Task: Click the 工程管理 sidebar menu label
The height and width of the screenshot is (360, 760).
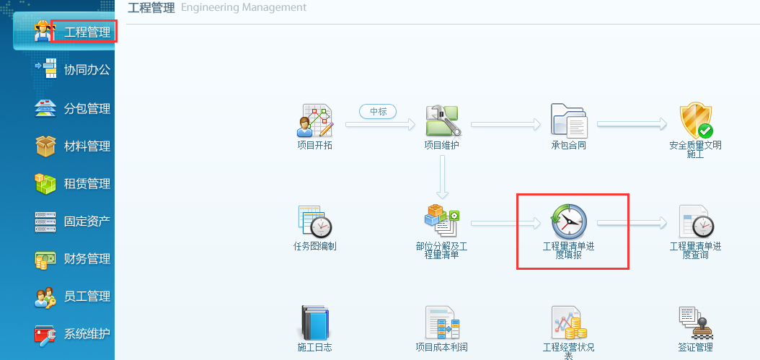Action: point(87,33)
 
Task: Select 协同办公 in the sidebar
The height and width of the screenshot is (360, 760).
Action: point(87,70)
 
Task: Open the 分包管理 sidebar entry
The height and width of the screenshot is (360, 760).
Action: point(87,108)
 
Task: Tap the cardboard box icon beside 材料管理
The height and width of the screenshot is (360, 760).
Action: point(45,146)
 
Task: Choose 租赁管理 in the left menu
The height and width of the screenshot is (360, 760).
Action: point(87,183)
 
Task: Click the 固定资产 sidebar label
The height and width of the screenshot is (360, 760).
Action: point(87,221)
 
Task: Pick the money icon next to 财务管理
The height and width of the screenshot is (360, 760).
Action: point(45,260)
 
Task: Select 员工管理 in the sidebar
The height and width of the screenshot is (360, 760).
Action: point(87,296)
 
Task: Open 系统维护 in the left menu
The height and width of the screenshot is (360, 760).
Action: point(87,334)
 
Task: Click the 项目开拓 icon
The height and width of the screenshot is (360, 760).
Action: point(315,120)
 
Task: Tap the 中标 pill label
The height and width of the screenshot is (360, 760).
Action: point(378,112)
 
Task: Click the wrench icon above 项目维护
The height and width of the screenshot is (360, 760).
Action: point(443,120)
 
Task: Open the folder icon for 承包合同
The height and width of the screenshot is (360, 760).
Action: point(569,120)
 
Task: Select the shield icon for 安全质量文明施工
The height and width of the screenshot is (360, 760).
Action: point(696,120)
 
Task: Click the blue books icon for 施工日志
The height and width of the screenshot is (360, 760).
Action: point(315,322)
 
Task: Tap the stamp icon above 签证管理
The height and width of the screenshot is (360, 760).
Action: point(696,322)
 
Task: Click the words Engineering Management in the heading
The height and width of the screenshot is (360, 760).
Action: point(244,8)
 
